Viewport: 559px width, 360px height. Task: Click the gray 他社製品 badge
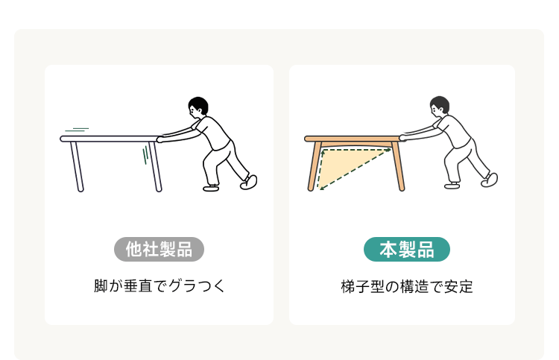pos(159,249)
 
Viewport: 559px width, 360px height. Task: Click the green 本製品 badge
pos(407,249)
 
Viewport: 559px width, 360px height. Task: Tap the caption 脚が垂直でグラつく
pos(160,286)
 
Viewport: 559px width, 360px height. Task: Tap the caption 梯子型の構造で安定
pos(407,286)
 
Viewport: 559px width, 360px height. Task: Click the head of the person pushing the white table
pos(198,107)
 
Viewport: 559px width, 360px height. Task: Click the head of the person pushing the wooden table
pos(439,106)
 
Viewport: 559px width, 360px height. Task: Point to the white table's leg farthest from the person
pos(77,167)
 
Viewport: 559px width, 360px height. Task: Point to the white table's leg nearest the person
pos(156,167)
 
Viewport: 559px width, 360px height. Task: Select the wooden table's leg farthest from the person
pos(314,166)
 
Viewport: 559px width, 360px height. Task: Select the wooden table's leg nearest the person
pos(398,166)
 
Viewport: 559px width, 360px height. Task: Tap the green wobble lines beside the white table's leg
pos(145,155)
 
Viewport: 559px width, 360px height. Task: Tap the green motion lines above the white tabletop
pos(77,130)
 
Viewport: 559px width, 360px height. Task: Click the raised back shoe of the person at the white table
pos(249,182)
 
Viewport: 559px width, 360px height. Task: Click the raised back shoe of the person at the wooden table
pos(490,180)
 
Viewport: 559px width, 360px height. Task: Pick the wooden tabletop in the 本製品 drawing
pos(355,139)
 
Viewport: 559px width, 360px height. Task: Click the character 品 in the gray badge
pos(184,249)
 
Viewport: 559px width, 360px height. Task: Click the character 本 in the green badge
pos(388,249)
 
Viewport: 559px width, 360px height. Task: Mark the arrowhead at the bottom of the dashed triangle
pos(320,188)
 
